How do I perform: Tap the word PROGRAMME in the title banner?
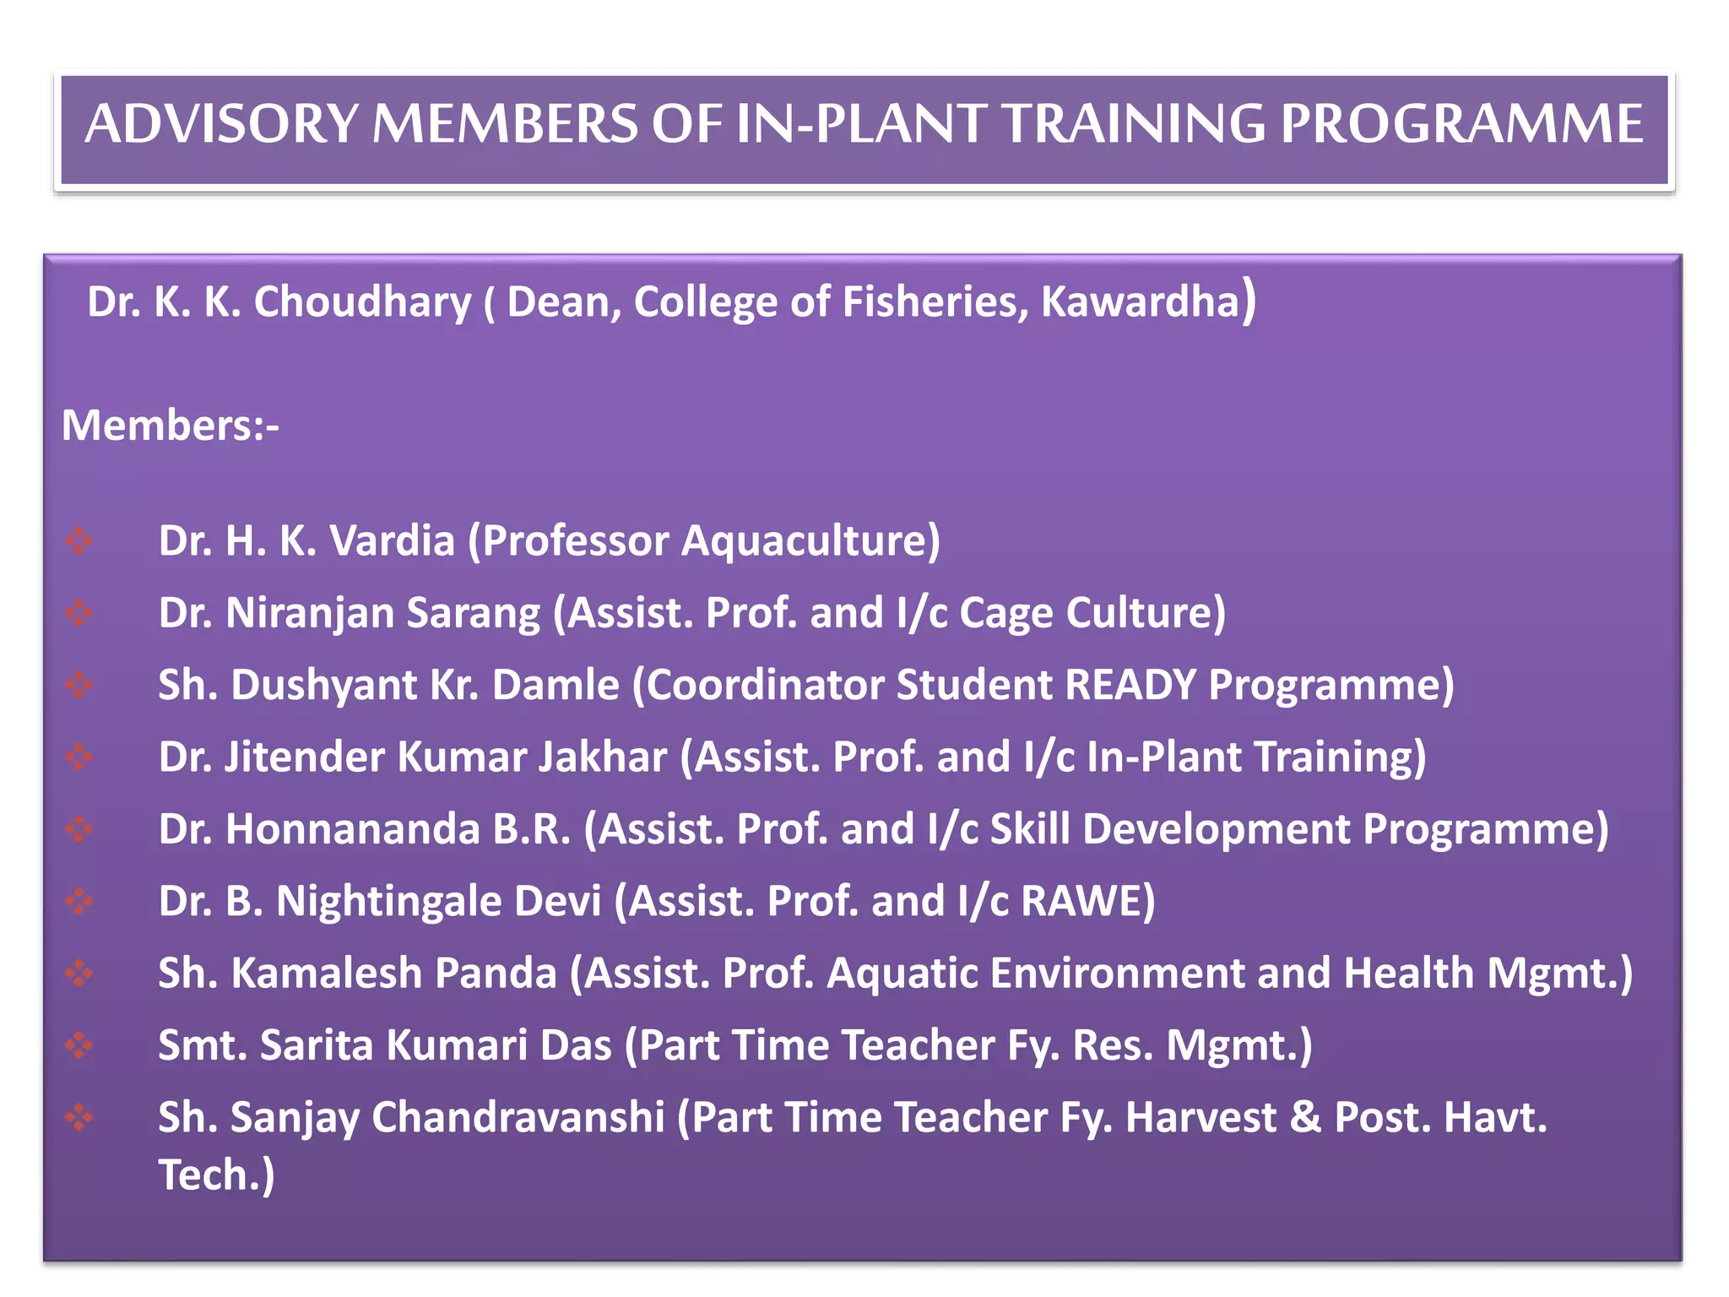[1461, 124]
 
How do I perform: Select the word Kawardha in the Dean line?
[1140, 302]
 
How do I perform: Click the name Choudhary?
[362, 302]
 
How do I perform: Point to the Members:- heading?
[170, 425]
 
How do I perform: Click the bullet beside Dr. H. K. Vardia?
[79, 540]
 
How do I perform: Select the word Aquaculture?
[810, 541]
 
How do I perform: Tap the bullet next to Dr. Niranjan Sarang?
[79, 612]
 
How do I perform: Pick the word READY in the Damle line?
[1130, 685]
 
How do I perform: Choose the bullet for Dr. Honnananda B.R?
[79, 829]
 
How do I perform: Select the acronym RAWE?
[1087, 901]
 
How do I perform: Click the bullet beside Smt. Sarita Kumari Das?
[79, 1045]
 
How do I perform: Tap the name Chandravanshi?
[518, 1117]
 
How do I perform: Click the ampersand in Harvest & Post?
[1304, 1117]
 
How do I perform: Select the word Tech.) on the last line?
[216, 1175]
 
